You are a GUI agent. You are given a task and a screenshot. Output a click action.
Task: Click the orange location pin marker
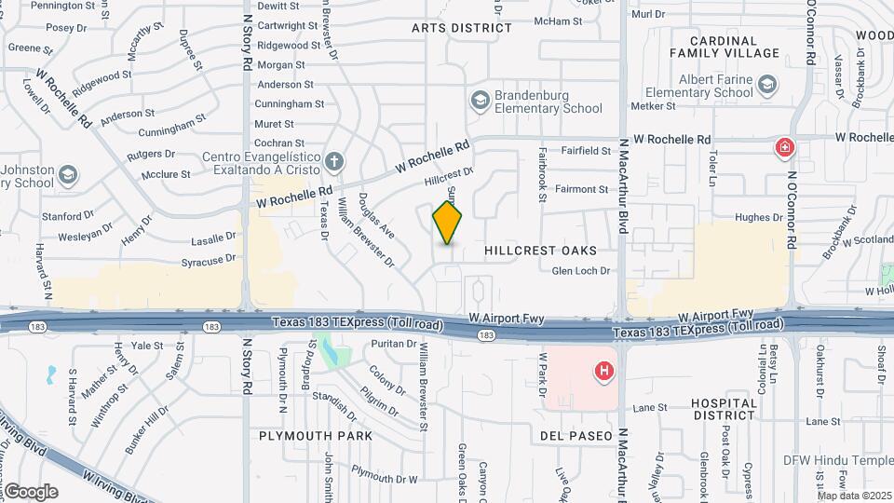pyautogui.click(x=448, y=223)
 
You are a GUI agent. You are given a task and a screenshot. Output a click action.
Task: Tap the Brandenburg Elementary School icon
pyautogui.click(x=481, y=100)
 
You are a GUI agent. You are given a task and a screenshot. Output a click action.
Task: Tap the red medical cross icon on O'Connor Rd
pyautogui.click(x=785, y=148)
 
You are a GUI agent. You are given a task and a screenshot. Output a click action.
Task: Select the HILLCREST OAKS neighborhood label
pyautogui.click(x=540, y=251)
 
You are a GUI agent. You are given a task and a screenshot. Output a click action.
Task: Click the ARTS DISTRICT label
pyautogui.click(x=462, y=28)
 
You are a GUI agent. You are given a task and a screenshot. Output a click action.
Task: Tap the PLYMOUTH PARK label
pyautogui.click(x=316, y=436)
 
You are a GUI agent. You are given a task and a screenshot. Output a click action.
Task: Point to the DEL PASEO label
pyautogui.click(x=576, y=436)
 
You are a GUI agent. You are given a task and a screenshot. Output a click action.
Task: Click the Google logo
pyautogui.click(x=32, y=491)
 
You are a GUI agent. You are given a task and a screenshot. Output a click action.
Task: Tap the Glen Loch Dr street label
pyautogui.click(x=580, y=271)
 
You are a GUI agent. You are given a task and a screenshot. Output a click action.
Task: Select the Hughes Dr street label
pyautogui.click(x=759, y=217)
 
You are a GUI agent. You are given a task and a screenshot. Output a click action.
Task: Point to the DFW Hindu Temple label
pyautogui.click(x=852, y=461)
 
